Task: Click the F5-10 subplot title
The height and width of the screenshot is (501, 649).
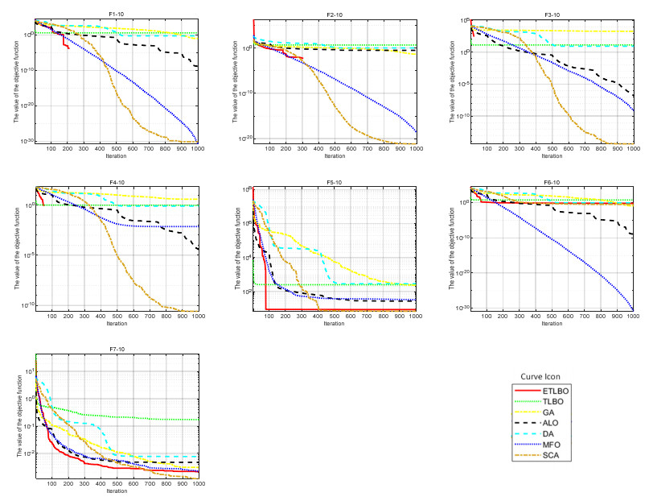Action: point(335,183)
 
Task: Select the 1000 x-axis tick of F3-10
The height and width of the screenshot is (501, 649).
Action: point(630,150)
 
